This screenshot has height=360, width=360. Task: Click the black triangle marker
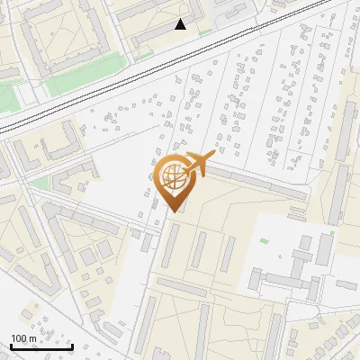pos(181,24)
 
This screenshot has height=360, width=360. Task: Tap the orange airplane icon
pos(200,165)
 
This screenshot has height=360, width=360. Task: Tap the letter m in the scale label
pos(32,338)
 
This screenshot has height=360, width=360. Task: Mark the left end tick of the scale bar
pos(9,346)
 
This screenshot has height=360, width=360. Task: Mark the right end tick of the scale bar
pos(72,346)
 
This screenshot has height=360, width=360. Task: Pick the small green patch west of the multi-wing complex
pos(264,241)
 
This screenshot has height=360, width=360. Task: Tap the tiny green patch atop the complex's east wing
pos(332,233)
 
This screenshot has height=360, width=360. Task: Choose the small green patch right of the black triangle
pos(205,32)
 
